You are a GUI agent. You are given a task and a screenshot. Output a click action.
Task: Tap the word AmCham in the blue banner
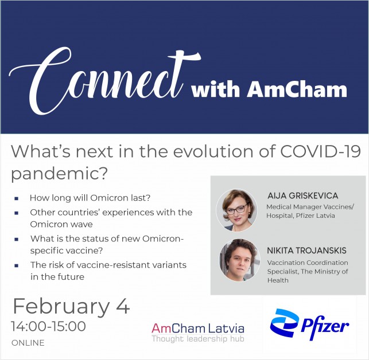[x=297, y=89]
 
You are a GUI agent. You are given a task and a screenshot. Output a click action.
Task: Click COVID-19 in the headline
[x=320, y=152]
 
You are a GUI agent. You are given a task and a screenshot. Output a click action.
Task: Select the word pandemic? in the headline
[x=59, y=174]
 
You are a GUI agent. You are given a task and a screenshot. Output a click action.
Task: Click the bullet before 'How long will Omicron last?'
[x=17, y=198]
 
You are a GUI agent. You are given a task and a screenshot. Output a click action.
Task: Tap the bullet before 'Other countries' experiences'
[x=17, y=213]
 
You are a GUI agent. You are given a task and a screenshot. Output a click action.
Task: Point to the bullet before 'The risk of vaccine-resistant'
[x=17, y=266]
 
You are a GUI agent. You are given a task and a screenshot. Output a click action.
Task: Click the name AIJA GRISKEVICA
[x=303, y=195]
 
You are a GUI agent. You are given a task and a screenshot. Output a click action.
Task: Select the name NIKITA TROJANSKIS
[x=306, y=251]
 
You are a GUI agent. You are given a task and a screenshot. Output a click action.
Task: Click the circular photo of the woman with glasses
[x=236, y=210]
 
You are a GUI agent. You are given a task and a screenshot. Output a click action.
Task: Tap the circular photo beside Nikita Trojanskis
[x=239, y=260]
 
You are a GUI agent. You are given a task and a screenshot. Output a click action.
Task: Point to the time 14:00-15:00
[x=48, y=326]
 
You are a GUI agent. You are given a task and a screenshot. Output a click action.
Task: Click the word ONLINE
[x=28, y=343]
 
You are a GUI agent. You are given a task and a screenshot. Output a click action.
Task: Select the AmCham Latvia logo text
[x=198, y=328]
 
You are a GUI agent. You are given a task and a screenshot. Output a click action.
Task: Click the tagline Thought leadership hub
[x=198, y=339]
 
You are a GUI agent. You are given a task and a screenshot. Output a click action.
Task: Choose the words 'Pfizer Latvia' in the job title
[x=316, y=216]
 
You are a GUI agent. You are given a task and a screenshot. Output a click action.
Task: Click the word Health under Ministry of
[x=278, y=280]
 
